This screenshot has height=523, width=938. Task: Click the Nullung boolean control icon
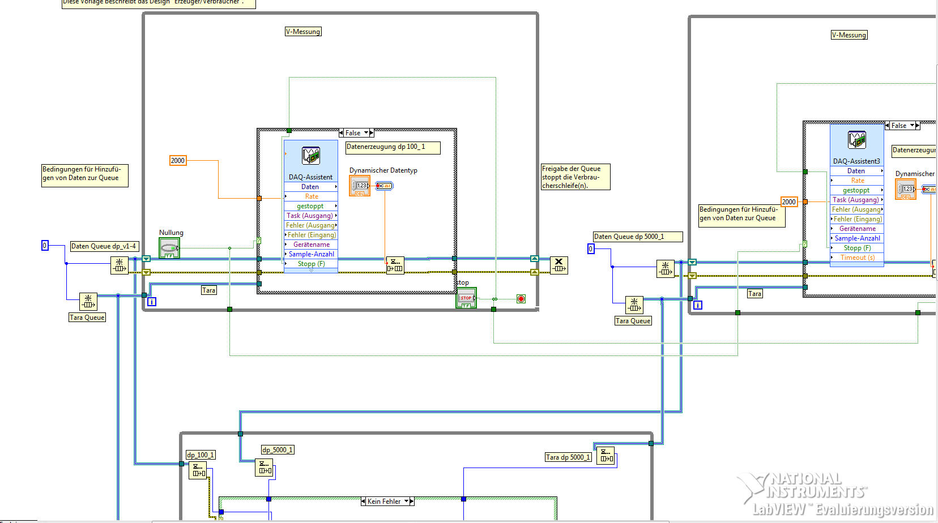[x=169, y=248]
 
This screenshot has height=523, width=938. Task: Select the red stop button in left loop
[x=466, y=298]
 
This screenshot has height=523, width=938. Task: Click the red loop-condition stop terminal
[x=521, y=299]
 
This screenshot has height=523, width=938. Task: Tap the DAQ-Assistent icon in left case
[x=311, y=156]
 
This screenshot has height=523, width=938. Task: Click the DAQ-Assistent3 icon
[x=856, y=140]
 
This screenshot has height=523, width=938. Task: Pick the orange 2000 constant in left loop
[x=178, y=161]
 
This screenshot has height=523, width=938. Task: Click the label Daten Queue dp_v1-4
[x=104, y=246]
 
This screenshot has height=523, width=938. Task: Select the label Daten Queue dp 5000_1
[x=637, y=237]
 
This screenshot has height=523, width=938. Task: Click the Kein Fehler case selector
[x=387, y=501]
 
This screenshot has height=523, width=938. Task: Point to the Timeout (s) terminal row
[x=857, y=258]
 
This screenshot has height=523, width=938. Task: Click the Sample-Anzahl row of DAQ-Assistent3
[x=857, y=238]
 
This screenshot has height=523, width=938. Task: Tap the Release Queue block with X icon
[x=558, y=265]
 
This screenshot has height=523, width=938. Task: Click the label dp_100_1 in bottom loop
[x=201, y=455]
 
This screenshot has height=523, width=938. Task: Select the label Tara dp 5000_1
[x=568, y=457]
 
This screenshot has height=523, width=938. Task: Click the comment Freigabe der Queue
[x=575, y=177]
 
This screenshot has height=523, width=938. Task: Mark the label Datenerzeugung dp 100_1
[x=393, y=147]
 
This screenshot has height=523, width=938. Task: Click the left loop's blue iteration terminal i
[x=151, y=302]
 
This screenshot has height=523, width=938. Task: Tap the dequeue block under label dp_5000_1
[x=265, y=467]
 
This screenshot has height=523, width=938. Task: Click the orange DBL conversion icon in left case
[x=360, y=186]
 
